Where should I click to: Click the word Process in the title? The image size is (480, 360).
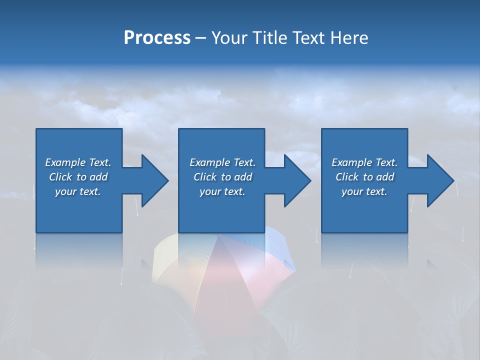[157, 38]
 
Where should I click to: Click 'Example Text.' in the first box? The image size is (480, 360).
[78, 162]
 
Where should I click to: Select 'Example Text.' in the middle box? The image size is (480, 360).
[222, 162]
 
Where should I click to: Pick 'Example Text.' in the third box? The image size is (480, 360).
[364, 162]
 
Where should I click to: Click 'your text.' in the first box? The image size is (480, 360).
[78, 191]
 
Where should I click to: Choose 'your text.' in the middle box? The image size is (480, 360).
[222, 191]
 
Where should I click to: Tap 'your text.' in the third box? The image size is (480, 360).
[364, 191]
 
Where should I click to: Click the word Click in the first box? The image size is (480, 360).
[61, 177]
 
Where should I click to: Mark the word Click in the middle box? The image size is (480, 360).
[205, 177]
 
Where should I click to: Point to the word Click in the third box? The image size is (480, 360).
[347, 177]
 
